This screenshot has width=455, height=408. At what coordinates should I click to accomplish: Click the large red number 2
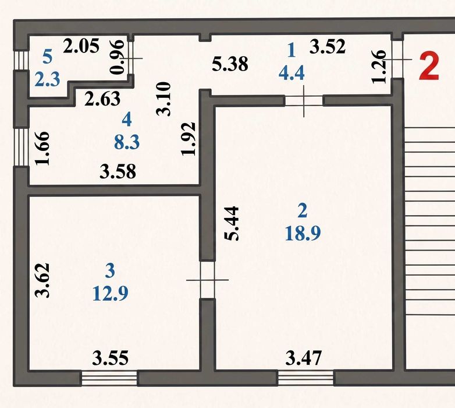429,66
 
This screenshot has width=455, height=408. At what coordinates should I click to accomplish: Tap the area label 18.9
303,233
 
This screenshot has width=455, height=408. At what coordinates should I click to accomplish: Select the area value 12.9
111,293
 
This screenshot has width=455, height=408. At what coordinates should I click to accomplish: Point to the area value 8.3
127,142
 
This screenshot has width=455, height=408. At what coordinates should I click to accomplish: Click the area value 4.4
292,73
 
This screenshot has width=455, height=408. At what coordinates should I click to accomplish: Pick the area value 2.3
47,79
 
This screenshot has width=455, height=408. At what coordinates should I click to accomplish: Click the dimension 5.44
232,223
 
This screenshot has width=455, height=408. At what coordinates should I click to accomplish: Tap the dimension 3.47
304,358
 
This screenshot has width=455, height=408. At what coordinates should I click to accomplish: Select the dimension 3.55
111,358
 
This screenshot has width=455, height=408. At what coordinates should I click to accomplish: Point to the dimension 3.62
42,280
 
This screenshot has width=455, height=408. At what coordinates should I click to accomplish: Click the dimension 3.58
118,171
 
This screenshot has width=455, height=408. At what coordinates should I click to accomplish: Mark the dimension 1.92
189,139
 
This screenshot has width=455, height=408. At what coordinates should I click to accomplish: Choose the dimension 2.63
102,99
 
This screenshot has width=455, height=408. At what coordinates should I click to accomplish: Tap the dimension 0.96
118,57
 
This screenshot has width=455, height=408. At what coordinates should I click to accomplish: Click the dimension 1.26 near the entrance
379,67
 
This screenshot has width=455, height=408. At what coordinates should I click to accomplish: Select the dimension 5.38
230,64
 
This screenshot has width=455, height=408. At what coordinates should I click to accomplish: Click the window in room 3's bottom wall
109,378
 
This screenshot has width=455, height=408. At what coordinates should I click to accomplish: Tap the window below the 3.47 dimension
306,378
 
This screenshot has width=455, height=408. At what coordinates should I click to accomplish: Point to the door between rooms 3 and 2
208,280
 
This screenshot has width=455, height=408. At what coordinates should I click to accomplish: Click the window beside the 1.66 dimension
21,147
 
